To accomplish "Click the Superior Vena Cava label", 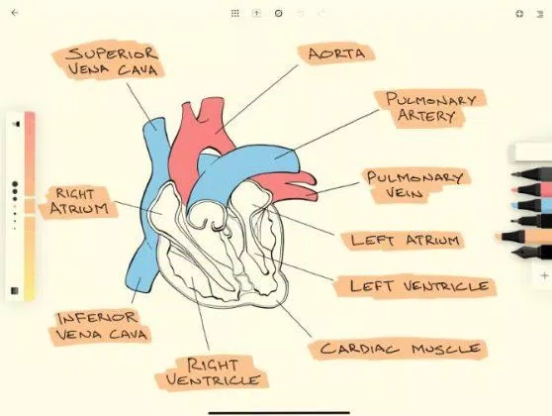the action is pos(110,60).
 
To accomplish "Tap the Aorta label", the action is pos(335,53).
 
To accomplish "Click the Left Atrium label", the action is pos(405,241).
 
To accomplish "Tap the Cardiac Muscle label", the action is pos(399,349).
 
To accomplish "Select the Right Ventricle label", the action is pos(212,373).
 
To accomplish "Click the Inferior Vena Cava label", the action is pos(101,327).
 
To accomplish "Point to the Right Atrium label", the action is pos(79,202).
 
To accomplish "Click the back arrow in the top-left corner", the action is pos(15,13).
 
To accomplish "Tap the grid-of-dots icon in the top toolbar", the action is pos(234,14).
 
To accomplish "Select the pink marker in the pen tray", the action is pos(531,189).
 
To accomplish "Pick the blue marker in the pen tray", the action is pos(531,205).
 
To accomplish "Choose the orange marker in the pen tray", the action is pos(524,236).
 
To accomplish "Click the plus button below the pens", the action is pos(545,275).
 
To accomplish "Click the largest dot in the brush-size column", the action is pos(15,184).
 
